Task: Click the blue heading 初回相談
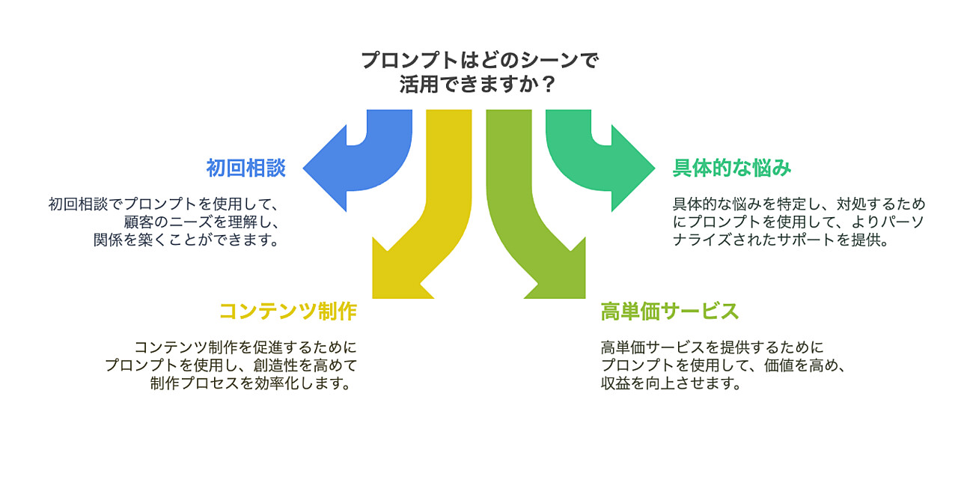pyautogui.click(x=245, y=168)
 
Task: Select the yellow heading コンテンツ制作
pyautogui.click(x=287, y=311)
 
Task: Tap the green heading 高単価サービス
pyautogui.click(x=670, y=311)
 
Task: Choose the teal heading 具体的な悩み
pyautogui.click(x=731, y=168)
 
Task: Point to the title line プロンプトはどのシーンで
pyautogui.click(x=479, y=60)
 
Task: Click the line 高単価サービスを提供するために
pyautogui.click(x=712, y=347)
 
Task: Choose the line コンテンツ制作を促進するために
pyautogui.click(x=245, y=347)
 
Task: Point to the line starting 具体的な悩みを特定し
pyautogui.click(x=799, y=204)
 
